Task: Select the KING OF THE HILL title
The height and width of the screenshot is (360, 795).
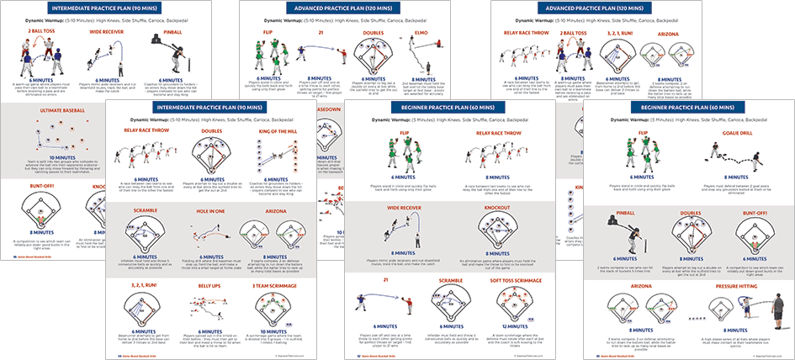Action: click(x=274, y=132)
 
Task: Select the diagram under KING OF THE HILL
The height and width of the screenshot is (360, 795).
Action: click(x=274, y=156)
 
